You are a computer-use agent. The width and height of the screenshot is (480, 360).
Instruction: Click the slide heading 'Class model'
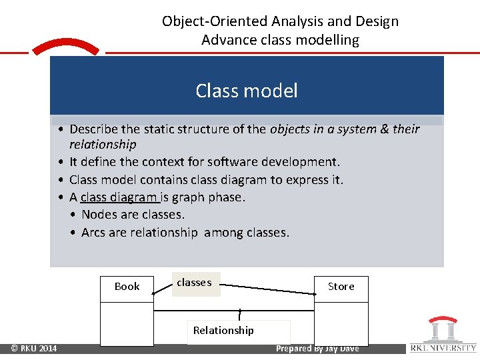click(247, 91)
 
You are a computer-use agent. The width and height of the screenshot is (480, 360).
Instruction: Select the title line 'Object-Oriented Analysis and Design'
click(280, 21)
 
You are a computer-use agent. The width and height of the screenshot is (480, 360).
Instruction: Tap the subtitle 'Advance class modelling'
click(280, 40)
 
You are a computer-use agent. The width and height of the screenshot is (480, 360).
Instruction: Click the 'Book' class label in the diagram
click(127, 287)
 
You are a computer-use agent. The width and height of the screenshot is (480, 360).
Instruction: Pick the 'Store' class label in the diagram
click(341, 287)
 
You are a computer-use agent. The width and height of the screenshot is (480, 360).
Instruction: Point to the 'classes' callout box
click(195, 283)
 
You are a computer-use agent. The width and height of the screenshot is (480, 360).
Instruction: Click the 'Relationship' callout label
click(224, 331)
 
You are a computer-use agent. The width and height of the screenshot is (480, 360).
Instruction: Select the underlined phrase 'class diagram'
click(119, 197)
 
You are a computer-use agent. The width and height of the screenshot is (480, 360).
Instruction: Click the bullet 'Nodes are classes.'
click(133, 215)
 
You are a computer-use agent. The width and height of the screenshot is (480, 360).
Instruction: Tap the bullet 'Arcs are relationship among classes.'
click(185, 233)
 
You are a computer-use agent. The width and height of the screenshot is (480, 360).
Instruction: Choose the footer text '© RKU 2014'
click(33, 349)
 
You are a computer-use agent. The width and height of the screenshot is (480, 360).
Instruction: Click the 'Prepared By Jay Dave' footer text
click(317, 349)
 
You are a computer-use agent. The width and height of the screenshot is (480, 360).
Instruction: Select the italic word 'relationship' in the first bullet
click(103, 145)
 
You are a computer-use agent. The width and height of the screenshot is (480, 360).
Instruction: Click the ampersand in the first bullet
click(384, 129)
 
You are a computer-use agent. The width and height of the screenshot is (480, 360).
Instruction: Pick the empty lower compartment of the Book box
click(127, 325)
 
